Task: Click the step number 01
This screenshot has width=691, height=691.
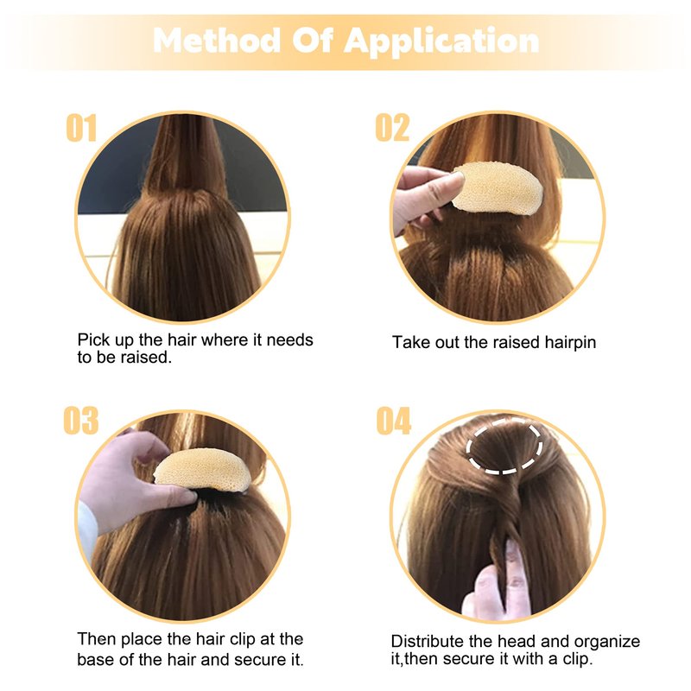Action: point(81,128)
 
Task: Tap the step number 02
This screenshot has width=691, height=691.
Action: point(392,128)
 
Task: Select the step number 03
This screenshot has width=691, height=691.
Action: point(80,421)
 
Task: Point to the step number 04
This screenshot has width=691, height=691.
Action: point(394,421)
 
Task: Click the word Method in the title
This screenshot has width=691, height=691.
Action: point(217,41)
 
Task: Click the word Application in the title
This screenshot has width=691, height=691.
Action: point(441,42)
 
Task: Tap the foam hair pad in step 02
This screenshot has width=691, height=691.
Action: point(498,188)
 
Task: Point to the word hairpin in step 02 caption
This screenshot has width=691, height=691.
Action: point(570,342)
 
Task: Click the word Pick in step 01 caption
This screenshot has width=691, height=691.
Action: point(93,340)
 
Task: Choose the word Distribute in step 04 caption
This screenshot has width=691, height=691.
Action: point(428,641)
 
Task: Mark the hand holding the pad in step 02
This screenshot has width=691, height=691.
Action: point(424,197)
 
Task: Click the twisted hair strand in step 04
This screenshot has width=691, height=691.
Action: point(507,520)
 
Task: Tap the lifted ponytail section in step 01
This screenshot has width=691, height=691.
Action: point(185,155)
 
